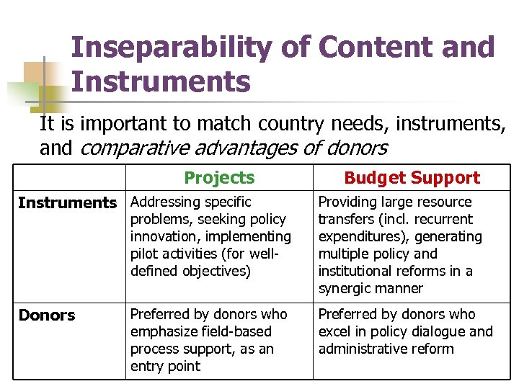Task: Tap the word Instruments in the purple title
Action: (x=161, y=81)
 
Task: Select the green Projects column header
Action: (x=219, y=178)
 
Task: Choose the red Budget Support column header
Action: (x=412, y=178)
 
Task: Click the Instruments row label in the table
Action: (x=67, y=203)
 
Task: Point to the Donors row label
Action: (x=47, y=316)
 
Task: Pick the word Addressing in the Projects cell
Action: (x=163, y=202)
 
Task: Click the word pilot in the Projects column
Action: (x=144, y=254)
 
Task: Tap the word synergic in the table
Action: (x=345, y=288)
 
